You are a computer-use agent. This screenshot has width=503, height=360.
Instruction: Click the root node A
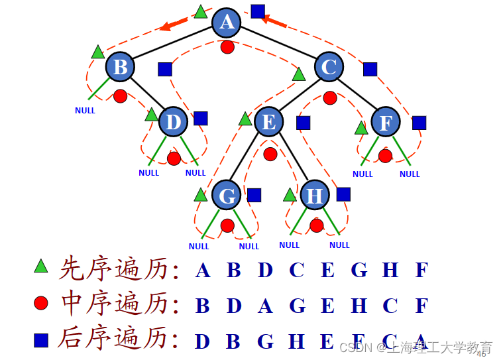pos(227,22)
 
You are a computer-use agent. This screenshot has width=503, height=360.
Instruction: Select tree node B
pos(120,67)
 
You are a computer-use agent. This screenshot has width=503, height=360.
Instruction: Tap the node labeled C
pos(329,67)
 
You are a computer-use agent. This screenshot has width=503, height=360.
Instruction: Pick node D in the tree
pos(174,122)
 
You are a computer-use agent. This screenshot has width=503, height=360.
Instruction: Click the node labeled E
pos(269,122)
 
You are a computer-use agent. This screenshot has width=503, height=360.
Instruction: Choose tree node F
pos(386,122)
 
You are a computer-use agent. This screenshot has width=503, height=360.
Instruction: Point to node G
pos(227,196)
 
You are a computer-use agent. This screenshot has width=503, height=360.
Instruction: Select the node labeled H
pos(315,196)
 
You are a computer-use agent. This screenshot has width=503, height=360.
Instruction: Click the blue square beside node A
pos(258,11)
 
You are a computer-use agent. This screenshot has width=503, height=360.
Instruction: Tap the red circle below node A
pos(227,47)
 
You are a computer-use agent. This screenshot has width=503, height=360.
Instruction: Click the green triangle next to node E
pos(245,119)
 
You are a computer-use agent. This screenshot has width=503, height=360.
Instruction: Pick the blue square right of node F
pos(419,123)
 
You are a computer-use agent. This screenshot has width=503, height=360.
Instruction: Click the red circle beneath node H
pos(317,225)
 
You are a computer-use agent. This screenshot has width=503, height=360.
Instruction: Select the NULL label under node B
pos(85,111)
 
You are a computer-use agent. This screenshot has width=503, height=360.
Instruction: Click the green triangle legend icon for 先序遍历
pos(41,267)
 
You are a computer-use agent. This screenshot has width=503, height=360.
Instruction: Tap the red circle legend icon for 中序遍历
pos(41,304)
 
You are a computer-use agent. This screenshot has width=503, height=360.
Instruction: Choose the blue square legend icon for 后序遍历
pos(41,340)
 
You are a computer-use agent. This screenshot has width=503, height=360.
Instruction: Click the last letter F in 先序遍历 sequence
pos(421,270)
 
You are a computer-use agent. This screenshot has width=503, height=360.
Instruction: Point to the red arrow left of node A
pos(174,25)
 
